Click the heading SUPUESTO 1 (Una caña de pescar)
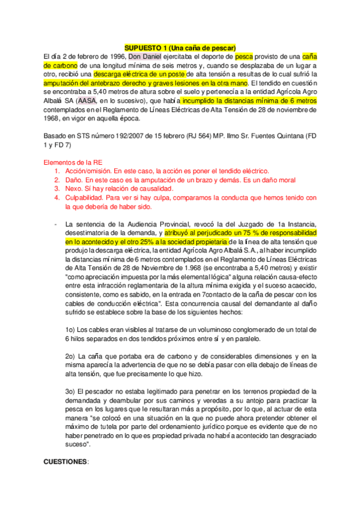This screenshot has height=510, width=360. (180, 48)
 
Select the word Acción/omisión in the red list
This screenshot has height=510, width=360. (88, 171)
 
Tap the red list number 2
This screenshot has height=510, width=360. (56, 180)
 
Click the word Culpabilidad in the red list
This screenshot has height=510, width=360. (86, 197)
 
